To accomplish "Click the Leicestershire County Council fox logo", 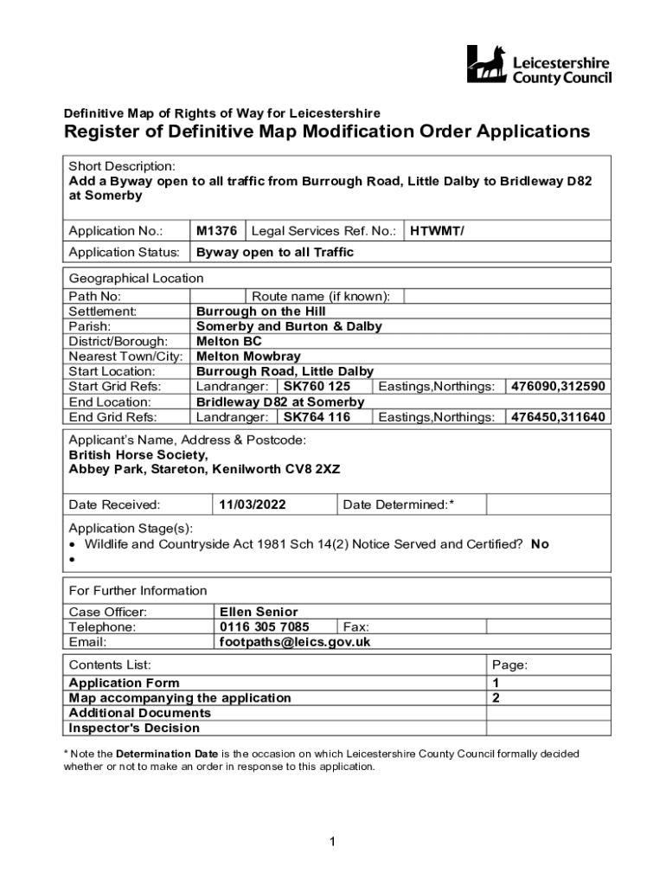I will tap(486, 64).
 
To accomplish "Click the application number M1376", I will tap(216, 231).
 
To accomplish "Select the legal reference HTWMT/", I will tap(437, 231).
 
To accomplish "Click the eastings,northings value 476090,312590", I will tap(558, 387).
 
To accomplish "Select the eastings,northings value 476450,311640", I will tap(558, 417).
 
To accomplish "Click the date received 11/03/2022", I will tap(252, 504).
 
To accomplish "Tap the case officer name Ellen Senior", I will tap(259, 612).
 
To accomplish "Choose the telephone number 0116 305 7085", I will tap(264, 627).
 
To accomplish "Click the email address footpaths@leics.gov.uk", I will tap(295, 642).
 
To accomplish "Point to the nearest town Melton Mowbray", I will tap(248, 356).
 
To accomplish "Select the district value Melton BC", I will tap(228, 341).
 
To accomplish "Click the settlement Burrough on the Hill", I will tap(260, 311).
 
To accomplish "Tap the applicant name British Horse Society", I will tap(138, 454).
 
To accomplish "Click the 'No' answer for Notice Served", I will tap(540, 544).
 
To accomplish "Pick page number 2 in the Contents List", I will tap(496, 697).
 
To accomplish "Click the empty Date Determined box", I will tap(548, 504).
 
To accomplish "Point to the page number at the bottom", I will tap(332, 842).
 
